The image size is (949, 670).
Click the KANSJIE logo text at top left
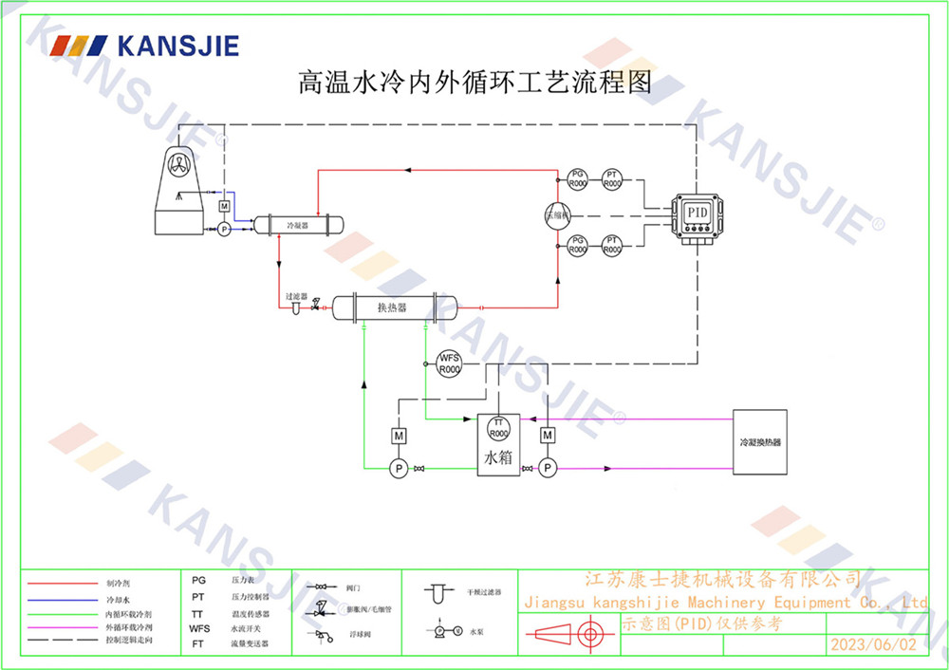point(177,45)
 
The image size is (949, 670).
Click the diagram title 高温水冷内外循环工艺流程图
point(474,83)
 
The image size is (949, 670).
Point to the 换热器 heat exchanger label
point(392,307)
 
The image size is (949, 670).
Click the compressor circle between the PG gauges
point(557,214)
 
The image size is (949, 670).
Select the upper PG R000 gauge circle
point(577,177)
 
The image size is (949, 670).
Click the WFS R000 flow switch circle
point(448,363)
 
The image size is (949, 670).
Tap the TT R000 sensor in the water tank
point(499,427)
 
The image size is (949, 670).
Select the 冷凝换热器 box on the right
point(760,441)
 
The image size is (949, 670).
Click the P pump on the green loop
point(400,468)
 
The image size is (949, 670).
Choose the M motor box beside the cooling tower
point(224,206)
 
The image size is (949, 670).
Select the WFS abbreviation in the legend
point(199,628)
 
